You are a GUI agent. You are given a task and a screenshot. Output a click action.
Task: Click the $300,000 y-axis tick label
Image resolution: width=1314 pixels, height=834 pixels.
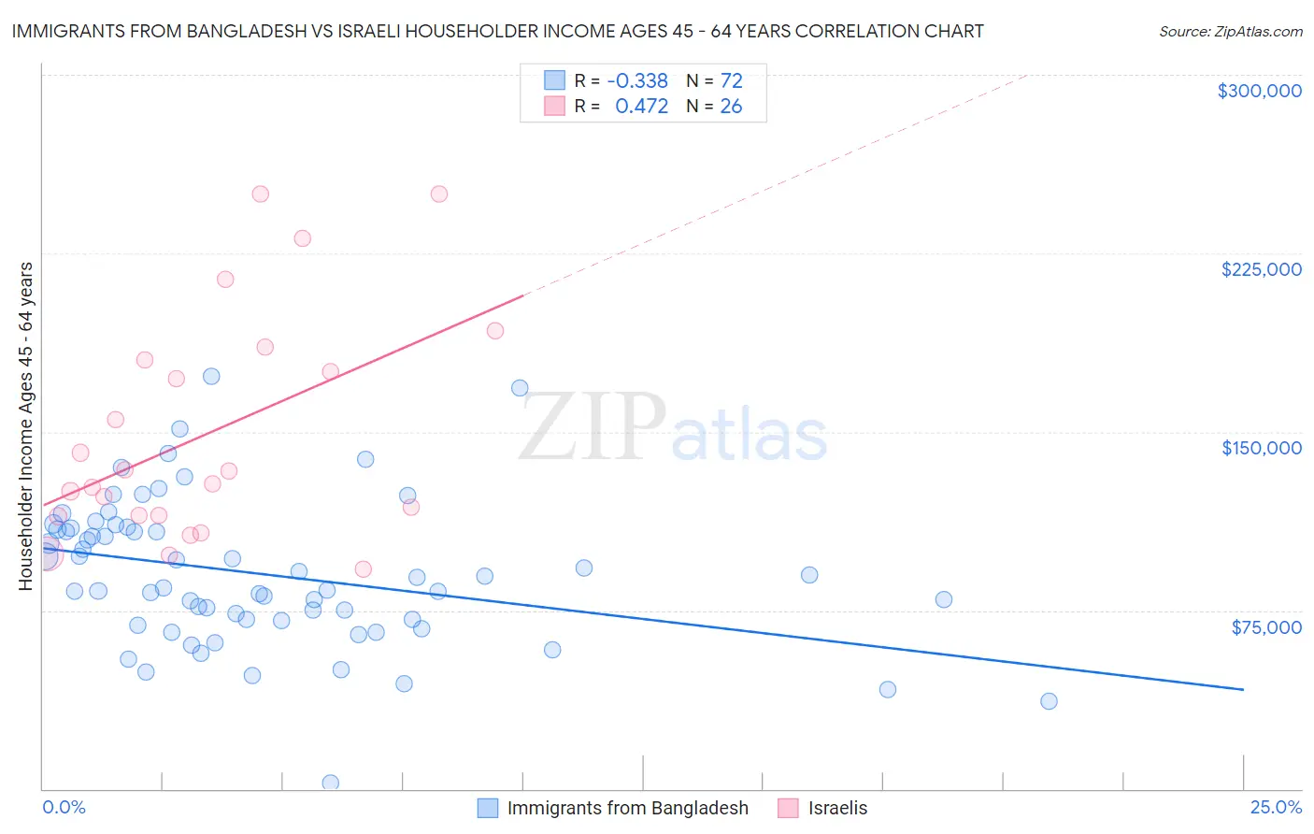tap(1259, 91)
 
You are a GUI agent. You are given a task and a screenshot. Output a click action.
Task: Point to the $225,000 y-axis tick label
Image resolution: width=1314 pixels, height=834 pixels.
tap(1261, 269)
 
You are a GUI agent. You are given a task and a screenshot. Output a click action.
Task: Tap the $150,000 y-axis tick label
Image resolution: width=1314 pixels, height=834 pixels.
tap(1261, 448)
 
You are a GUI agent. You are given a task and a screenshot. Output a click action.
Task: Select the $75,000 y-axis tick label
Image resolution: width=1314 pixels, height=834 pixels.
tap(1265, 627)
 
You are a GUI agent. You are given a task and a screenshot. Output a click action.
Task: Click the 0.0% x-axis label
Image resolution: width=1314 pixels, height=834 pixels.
tap(64, 807)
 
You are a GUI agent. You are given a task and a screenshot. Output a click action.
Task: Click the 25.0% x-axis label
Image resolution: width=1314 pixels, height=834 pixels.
tap(1276, 807)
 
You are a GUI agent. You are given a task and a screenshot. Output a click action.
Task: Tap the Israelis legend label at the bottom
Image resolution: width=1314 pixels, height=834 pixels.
tap(837, 808)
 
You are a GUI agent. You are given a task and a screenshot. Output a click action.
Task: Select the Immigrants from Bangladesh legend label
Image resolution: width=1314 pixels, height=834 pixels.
tap(627, 808)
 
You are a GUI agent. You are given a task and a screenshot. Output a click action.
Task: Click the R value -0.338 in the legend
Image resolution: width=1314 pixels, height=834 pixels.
tap(637, 81)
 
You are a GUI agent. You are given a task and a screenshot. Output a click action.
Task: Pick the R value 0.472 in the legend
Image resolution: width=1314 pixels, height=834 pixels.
tap(641, 107)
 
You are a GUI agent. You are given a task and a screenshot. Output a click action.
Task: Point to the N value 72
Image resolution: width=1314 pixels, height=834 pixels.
tap(731, 81)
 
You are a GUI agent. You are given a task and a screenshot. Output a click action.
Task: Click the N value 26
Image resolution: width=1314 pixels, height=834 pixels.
tap(731, 107)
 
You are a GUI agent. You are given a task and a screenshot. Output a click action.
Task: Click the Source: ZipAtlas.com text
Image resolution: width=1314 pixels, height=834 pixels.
tap(1230, 32)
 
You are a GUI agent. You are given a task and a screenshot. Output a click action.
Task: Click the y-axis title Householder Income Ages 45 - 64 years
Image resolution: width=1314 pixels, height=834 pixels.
tap(26, 426)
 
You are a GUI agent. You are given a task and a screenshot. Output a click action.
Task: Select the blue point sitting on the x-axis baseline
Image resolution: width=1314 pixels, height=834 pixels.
tap(330, 783)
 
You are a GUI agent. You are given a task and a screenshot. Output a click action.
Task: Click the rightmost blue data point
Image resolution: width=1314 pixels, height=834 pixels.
tap(1049, 701)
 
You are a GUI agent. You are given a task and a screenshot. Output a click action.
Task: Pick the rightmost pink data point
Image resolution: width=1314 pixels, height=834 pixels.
tap(495, 331)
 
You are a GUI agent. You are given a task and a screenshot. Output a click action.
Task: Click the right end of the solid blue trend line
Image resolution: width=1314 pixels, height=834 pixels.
tap(1243, 689)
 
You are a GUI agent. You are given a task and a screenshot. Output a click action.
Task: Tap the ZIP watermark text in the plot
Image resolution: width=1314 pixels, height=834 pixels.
tap(593, 427)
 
